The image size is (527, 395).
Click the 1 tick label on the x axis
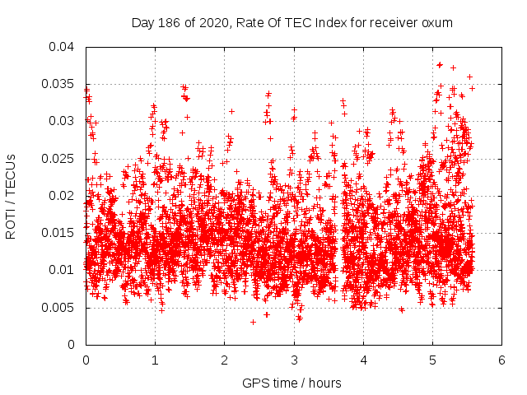click(155, 360)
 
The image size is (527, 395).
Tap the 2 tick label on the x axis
click(224, 360)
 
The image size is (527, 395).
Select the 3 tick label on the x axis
click(294, 360)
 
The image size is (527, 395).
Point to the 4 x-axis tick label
click(363, 360)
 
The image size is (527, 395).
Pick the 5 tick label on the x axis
click(432, 360)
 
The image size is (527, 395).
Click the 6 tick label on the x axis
click(501, 360)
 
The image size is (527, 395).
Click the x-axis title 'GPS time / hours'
click(291, 383)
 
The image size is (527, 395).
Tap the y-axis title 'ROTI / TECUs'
click(12, 196)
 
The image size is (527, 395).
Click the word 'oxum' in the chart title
click(436, 22)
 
